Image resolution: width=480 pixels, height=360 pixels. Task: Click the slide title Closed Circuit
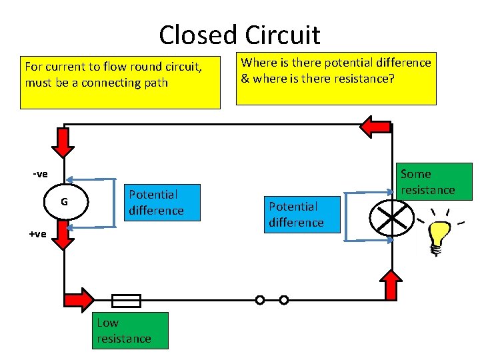click(239, 34)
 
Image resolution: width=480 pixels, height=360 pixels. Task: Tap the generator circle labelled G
click(65, 202)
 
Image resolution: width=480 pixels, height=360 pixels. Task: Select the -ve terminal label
click(40, 174)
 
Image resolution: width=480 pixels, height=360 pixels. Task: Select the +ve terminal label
click(37, 233)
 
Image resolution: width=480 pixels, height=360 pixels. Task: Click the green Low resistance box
click(130, 331)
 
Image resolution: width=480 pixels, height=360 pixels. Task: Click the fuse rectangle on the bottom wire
click(125, 301)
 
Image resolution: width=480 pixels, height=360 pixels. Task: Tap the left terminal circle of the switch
click(260, 300)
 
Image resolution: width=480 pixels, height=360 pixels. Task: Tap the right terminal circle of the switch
click(284, 300)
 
